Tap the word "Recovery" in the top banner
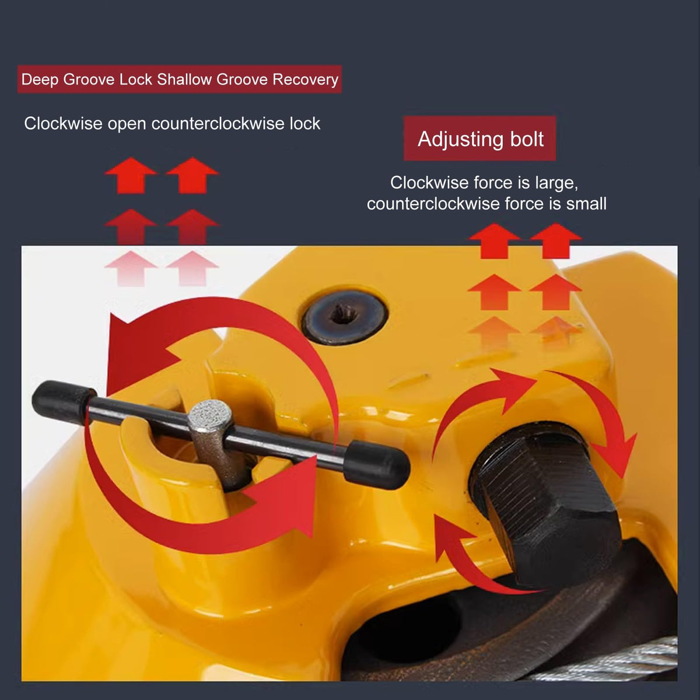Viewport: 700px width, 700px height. coord(306,79)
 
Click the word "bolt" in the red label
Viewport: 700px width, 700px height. coord(527,139)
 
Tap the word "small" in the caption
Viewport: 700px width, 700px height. coord(586,204)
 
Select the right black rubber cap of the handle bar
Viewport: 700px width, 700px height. coord(376,465)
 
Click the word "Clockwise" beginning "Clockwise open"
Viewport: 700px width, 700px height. coord(63,124)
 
